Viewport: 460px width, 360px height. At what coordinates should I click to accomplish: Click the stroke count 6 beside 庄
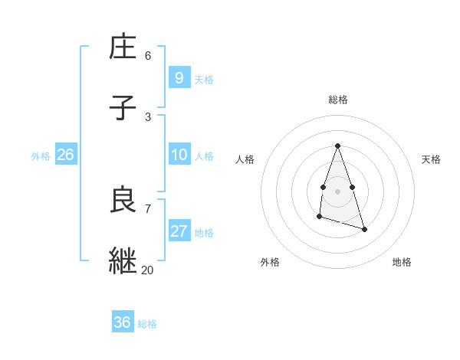pos(148,55)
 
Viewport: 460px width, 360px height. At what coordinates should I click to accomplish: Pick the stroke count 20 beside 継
pos(147,270)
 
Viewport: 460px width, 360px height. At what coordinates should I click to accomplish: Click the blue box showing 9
pos(179,77)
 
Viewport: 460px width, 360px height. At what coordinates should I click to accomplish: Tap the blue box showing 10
pos(179,155)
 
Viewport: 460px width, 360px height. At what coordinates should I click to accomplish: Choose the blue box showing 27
pos(179,231)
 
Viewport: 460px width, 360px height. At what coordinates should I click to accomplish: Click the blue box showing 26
pos(65,155)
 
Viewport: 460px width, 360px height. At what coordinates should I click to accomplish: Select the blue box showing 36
pos(122,322)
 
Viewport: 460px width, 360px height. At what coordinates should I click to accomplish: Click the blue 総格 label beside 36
pos(147,324)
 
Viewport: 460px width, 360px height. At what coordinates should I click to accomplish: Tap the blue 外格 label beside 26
pos(41,156)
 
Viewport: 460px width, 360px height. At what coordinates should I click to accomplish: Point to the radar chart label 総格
pos(338,100)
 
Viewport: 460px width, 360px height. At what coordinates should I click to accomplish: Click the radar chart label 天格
pos(432,159)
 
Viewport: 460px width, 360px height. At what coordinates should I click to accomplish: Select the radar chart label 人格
pos(245,159)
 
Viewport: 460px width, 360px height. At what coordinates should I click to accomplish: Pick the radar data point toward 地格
pos(364,229)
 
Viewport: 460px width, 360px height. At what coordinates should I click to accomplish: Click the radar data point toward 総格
pos(337,146)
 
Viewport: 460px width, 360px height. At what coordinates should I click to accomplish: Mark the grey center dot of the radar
pos(337,190)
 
